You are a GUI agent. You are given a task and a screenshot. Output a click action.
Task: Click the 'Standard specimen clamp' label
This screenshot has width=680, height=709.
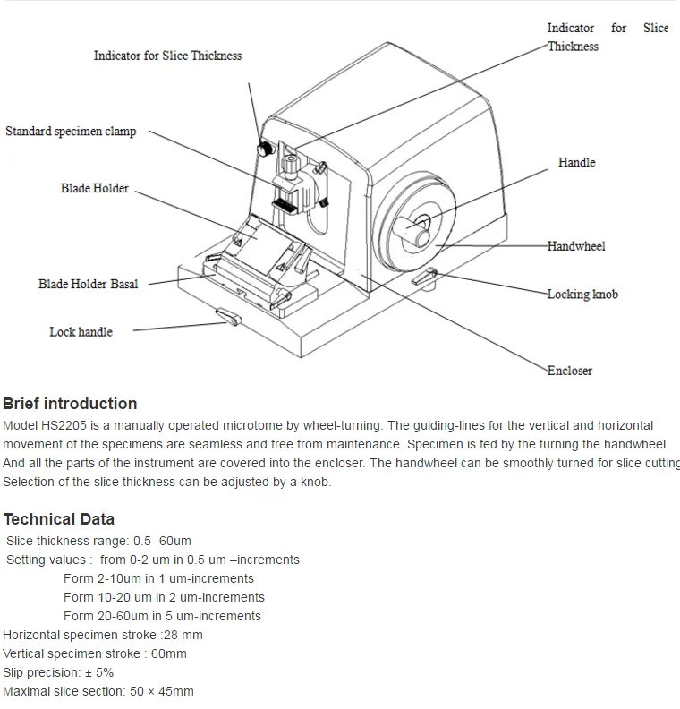tap(71, 132)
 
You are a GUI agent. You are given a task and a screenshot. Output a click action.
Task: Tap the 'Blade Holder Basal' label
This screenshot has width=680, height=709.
tap(88, 284)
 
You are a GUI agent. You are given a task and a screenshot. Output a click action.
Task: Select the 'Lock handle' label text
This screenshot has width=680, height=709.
tap(81, 332)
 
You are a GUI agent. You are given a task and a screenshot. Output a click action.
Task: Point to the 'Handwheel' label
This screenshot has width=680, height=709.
tap(576, 246)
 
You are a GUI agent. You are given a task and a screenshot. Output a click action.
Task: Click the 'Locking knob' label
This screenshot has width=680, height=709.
tap(582, 295)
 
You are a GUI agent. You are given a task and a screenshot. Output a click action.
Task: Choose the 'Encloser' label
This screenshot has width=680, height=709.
tap(569, 371)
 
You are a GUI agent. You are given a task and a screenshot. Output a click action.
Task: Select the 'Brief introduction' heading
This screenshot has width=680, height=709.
tap(70, 404)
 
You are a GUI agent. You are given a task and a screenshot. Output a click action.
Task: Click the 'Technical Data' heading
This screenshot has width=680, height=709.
tap(58, 519)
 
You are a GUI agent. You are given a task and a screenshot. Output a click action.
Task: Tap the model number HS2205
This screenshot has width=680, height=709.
tap(61, 425)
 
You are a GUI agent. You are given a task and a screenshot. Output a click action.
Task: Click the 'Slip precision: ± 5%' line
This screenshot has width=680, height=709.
tap(58, 672)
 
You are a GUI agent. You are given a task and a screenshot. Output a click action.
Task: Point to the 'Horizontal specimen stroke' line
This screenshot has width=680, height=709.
tap(103, 635)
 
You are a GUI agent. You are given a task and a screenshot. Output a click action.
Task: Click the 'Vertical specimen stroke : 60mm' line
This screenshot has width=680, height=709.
tap(95, 653)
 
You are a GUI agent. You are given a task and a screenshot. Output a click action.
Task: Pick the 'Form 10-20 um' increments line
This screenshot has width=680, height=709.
tap(164, 597)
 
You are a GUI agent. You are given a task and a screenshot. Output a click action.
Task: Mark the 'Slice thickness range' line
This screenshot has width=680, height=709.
tap(98, 541)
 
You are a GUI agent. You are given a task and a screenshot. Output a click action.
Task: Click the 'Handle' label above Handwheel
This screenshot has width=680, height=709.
tap(576, 163)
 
